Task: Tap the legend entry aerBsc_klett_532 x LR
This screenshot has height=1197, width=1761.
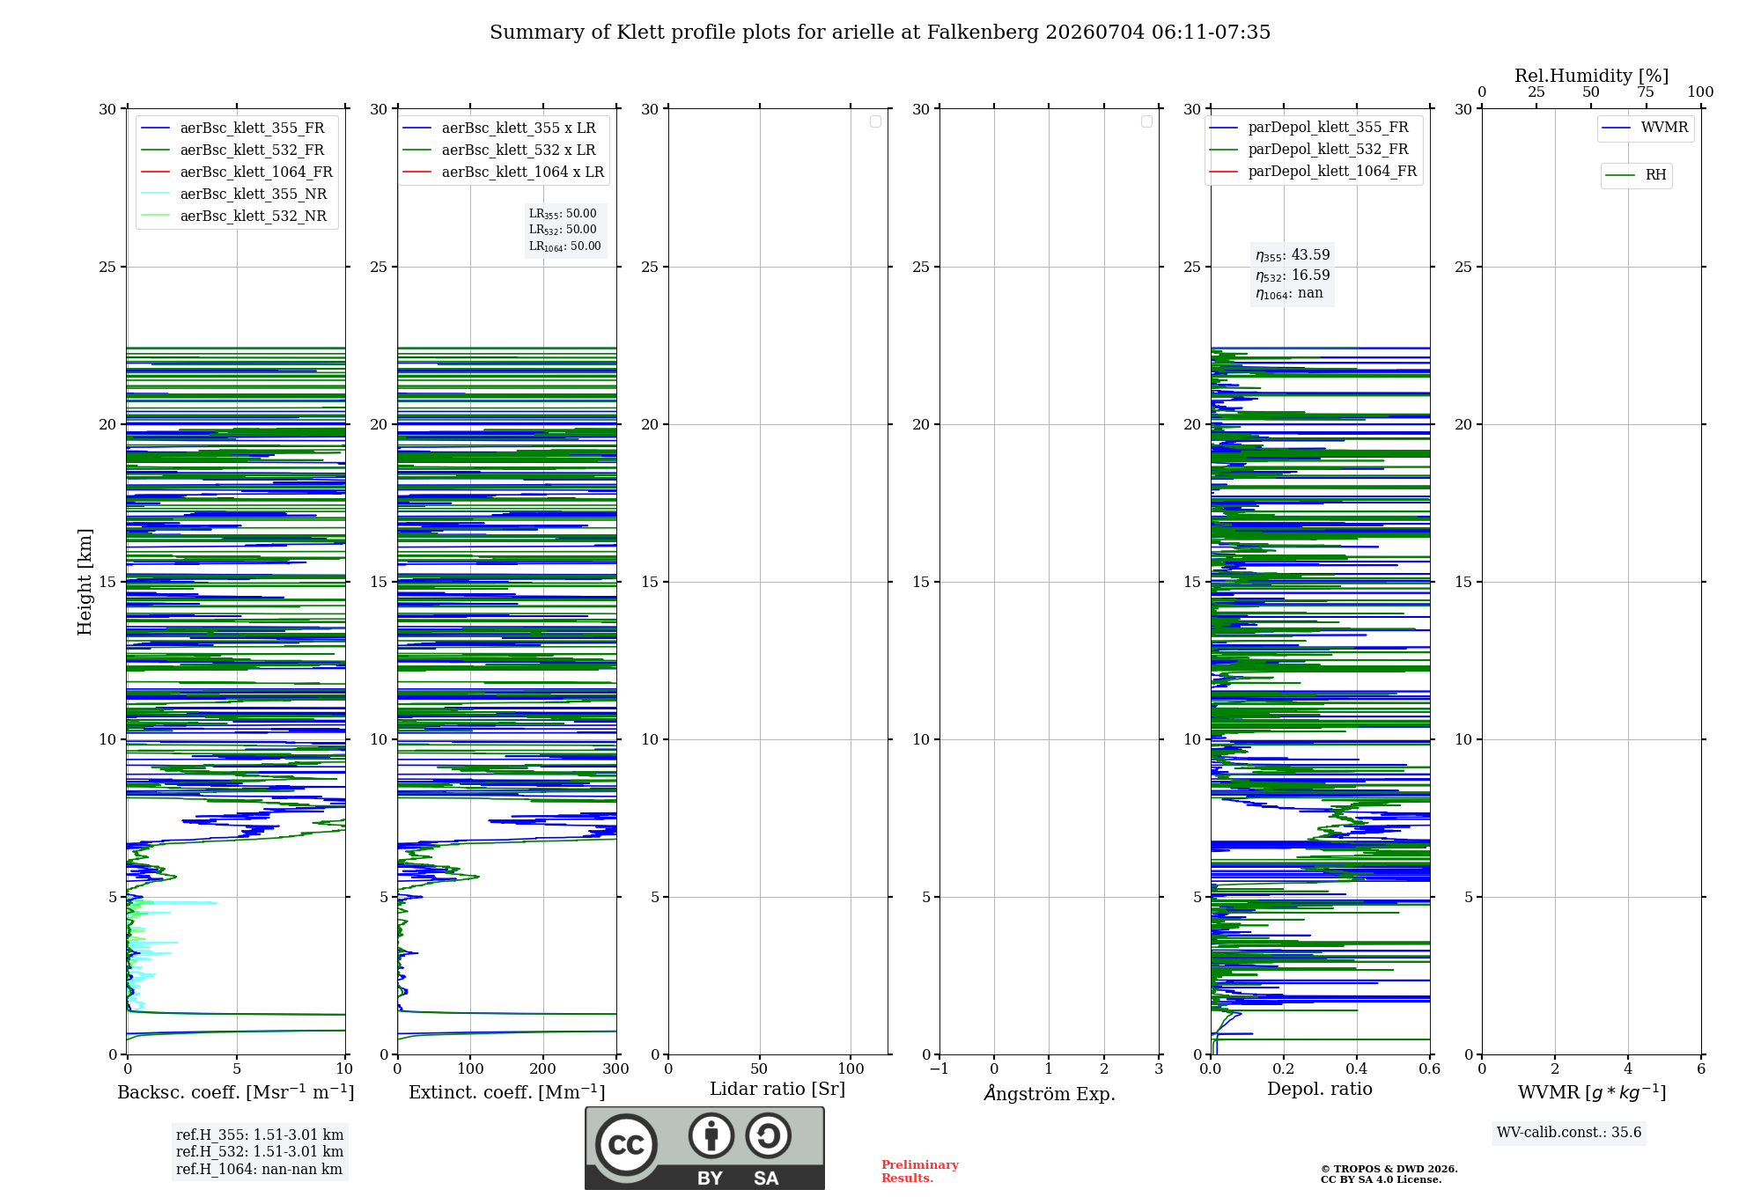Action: pos(499,151)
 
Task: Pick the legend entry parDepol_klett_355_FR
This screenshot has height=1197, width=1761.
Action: pos(1309,128)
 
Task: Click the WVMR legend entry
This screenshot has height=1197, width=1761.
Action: pos(1645,128)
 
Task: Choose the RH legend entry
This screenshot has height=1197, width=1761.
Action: pos(1636,175)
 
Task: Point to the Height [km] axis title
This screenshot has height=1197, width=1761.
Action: pos(85,582)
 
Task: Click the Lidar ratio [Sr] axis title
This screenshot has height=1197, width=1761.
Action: pos(777,1089)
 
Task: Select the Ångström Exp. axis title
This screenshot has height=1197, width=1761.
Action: pos(1050,1093)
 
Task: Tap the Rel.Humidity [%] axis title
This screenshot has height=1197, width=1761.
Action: pos(1592,76)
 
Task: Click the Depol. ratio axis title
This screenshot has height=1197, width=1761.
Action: pos(1320,1089)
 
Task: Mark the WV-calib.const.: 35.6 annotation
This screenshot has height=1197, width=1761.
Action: pos(1569,1133)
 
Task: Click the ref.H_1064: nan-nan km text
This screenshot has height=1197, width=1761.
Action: pos(259,1169)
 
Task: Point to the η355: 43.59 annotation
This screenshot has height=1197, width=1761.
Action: pos(1293,255)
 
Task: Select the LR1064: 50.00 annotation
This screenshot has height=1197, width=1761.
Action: pos(564,246)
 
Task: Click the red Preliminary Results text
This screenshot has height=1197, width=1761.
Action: pos(920,1171)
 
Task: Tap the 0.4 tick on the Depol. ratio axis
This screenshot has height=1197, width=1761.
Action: pos(1357,1068)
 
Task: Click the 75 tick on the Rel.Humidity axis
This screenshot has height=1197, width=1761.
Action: pos(1646,92)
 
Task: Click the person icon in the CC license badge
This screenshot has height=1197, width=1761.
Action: pos(711,1135)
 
